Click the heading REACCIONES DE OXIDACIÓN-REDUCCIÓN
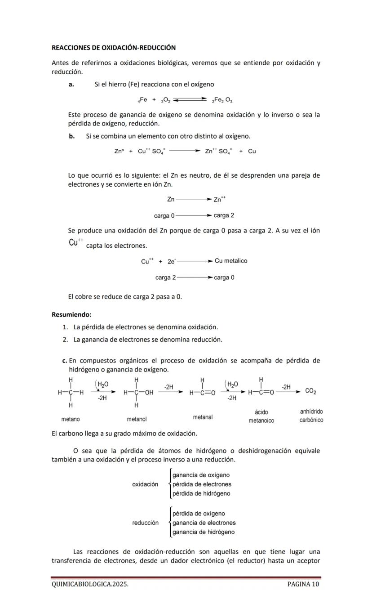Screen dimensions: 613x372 pyautogui.click(x=114, y=47)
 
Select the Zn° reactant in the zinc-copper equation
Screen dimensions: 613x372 pyautogui.click(x=119, y=152)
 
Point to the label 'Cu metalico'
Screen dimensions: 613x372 pyautogui.click(x=231, y=261)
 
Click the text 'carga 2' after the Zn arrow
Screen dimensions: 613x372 pyautogui.click(x=224, y=215)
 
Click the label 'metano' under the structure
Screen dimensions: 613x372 pyautogui.click(x=71, y=419)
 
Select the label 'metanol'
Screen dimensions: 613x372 pyautogui.click(x=137, y=419)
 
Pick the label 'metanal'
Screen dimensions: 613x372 pyautogui.click(x=203, y=417)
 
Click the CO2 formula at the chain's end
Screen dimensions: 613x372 pyautogui.click(x=310, y=391)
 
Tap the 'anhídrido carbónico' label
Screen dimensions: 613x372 pyautogui.click(x=311, y=416)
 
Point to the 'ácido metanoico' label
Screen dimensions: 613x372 pyautogui.click(x=261, y=416)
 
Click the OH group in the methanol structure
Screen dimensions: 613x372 pyautogui.click(x=149, y=393)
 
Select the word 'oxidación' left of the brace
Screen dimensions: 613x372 pyautogui.click(x=145, y=484)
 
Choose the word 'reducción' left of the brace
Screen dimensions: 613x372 pyautogui.click(x=145, y=523)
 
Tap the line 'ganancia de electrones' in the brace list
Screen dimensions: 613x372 pyautogui.click(x=204, y=523)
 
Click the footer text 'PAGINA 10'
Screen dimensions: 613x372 pyautogui.click(x=303, y=584)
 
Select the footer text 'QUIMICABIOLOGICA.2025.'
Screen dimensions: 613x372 pyautogui.click(x=90, y=584)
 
